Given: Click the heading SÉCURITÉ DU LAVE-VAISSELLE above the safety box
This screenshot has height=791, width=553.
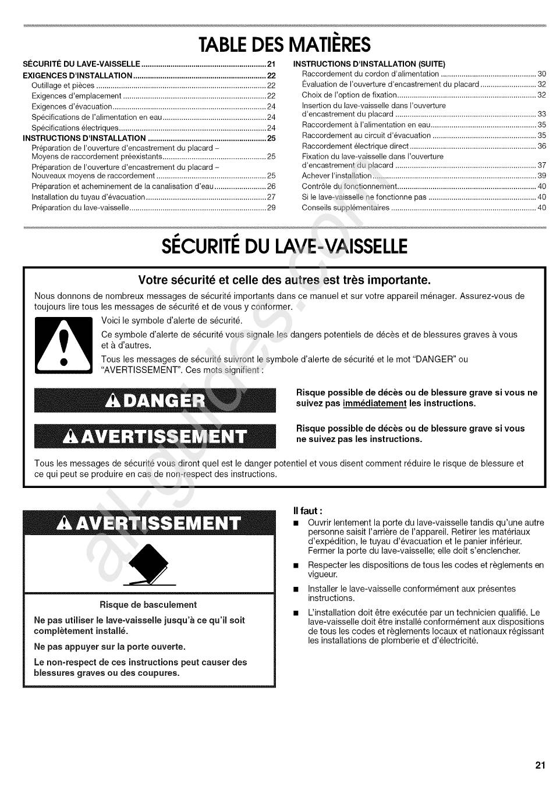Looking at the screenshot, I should pos(284,247).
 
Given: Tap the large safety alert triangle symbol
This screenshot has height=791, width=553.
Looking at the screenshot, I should pos(64,345).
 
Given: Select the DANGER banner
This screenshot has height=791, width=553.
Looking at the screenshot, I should pos(155,400).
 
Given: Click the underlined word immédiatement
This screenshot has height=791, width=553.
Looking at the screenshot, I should pos(374,404).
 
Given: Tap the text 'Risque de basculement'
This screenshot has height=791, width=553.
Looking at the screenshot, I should pos(148,605).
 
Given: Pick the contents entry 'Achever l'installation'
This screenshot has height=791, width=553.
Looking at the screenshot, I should pos(336,176).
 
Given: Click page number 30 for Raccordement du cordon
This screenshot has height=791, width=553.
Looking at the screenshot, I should pos(541,74).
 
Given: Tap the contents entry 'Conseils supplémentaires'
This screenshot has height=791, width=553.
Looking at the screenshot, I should pos(345,208).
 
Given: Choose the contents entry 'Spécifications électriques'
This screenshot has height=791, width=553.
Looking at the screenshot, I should pos(75,128).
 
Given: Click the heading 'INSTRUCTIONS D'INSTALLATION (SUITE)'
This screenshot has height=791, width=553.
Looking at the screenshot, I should pos(369,64).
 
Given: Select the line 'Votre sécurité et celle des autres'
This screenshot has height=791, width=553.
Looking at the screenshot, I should pos(285,280).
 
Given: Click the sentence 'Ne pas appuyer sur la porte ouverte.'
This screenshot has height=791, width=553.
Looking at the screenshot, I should pos(110,647).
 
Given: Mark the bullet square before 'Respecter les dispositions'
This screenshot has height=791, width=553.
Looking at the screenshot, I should pos(296,565).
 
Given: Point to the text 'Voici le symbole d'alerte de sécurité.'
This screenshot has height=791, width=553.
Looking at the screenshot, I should pos(172,320).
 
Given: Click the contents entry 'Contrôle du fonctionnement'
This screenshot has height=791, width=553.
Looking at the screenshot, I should pos(349,187).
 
